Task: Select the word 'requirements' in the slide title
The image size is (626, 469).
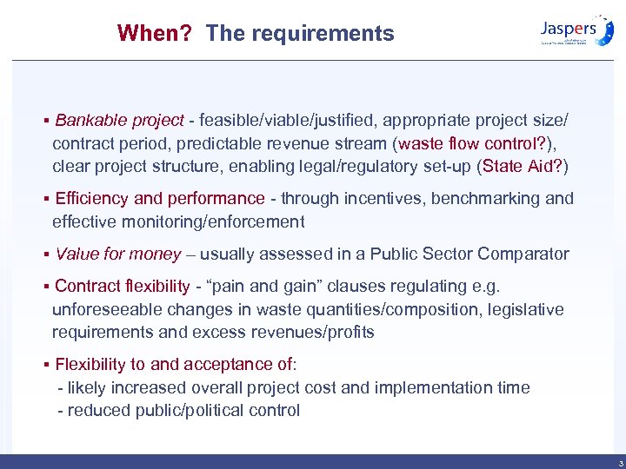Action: pos(325,34)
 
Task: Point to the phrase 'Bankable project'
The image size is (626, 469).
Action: pos(119,119)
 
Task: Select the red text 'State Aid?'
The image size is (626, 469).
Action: pos(526,166)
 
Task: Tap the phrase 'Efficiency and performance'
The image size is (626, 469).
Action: pos(159,198)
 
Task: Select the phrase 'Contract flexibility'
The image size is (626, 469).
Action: pos(122,286)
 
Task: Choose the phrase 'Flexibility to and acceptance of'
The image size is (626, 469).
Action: pos(175,364)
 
